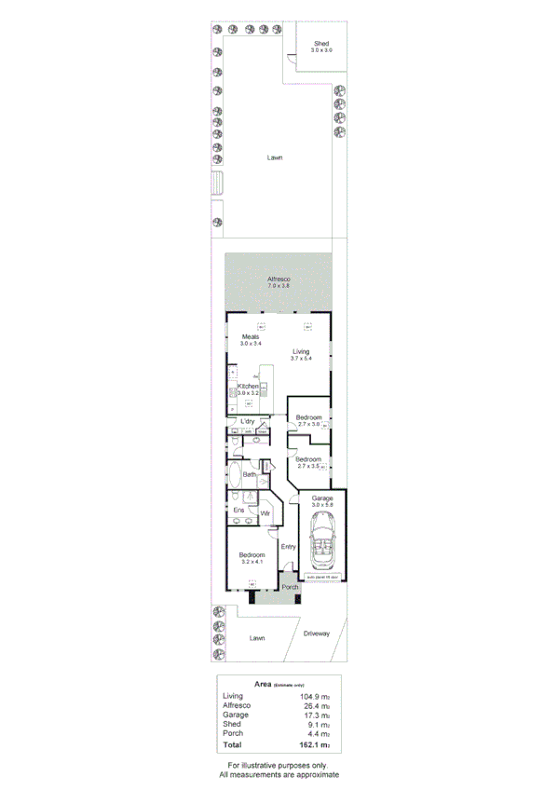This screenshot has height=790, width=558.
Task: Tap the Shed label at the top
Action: (320, 44)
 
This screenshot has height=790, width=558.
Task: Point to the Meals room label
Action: (251, 336)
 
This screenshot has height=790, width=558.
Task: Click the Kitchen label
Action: (248, 386)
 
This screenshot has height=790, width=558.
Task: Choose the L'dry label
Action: (248, 421)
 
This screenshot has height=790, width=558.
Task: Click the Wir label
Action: (265, 512)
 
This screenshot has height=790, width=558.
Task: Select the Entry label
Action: (288, 547)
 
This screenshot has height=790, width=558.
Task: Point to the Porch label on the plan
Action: (290, 587)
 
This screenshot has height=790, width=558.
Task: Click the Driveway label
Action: (317, 633)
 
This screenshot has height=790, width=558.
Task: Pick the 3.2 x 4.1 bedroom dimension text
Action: (252, 562)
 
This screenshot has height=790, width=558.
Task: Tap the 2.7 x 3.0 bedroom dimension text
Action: (308, 424)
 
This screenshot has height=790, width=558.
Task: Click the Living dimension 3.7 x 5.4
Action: (299, 359)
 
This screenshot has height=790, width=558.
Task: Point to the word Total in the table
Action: (233, 745)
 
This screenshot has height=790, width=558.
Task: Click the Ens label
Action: (238, 510)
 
